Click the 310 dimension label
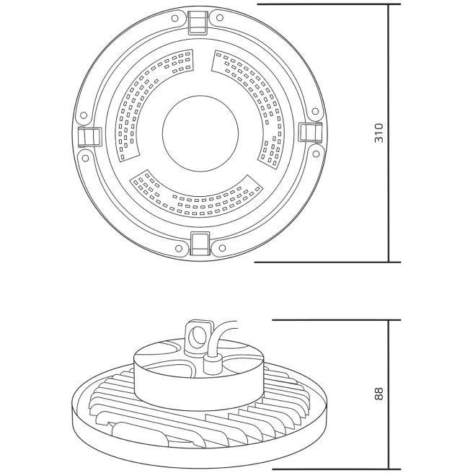pos(379,133)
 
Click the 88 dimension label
pos(379,394)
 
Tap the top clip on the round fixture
pos(198,22)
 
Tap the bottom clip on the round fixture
pos(200,244)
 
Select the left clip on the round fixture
pos(90,137)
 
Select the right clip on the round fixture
pos(310,132)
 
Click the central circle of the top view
pos(200,133)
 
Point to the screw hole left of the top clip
pos(174,19)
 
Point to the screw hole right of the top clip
pos(220,18)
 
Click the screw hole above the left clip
pos(84,115)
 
